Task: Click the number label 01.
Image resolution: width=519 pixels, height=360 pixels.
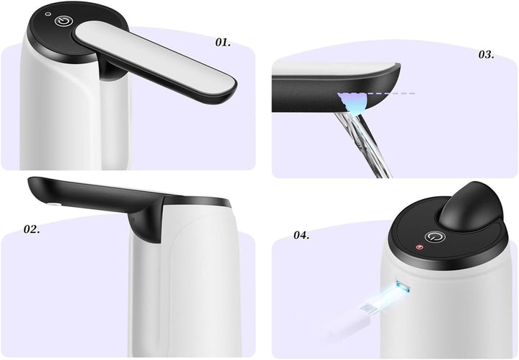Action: point(223,43)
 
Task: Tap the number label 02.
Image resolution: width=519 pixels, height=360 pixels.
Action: point(32,230)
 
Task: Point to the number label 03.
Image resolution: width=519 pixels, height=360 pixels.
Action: point(486,55)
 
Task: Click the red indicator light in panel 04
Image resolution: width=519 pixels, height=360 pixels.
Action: point(420,247)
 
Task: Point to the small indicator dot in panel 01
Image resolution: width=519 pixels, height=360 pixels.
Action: point(48,14)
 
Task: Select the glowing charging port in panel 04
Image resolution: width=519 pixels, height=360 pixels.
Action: point(402,289)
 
